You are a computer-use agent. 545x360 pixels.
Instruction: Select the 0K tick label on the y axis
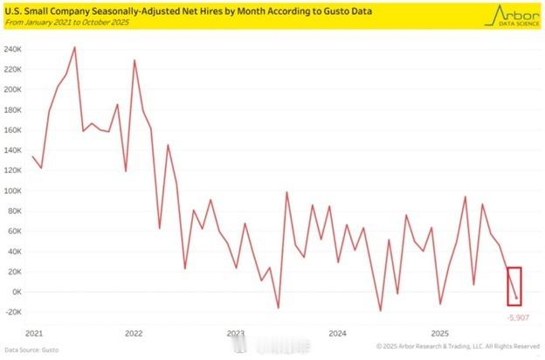[16, 292]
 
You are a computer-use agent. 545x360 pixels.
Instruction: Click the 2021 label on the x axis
[35, 333]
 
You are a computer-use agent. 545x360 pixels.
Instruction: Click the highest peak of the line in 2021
[74, 47]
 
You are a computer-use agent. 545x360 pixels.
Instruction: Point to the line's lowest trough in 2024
[381, 310]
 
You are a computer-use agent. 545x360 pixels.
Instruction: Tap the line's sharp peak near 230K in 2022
[135, 60]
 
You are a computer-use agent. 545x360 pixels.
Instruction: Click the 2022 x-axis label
[135, 333]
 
